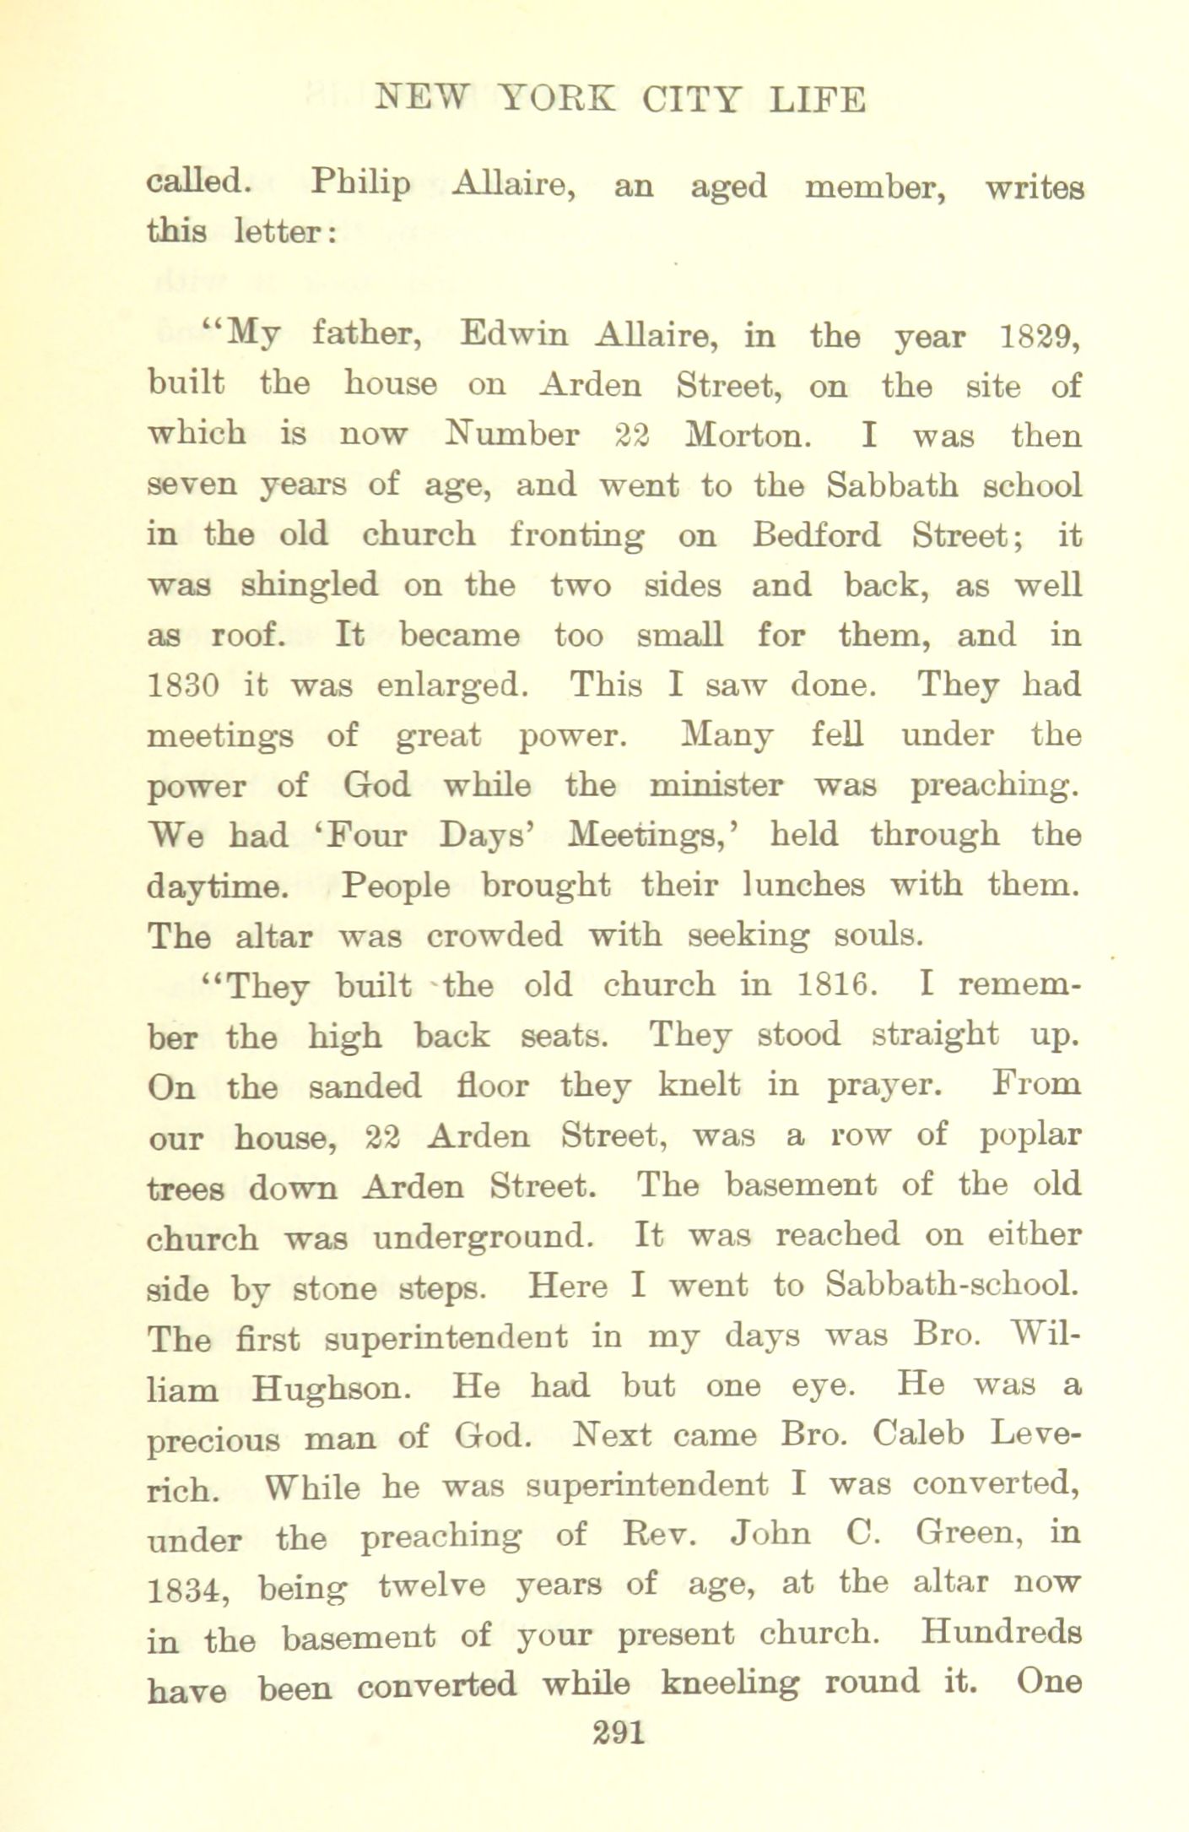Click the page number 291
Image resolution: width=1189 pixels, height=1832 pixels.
tap(619, 1733)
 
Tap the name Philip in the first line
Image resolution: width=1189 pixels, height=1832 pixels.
tap(360, 185)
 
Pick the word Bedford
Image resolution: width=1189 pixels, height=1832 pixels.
tap(816, 535)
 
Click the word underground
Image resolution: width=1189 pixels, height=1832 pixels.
tap(478, 1237)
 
